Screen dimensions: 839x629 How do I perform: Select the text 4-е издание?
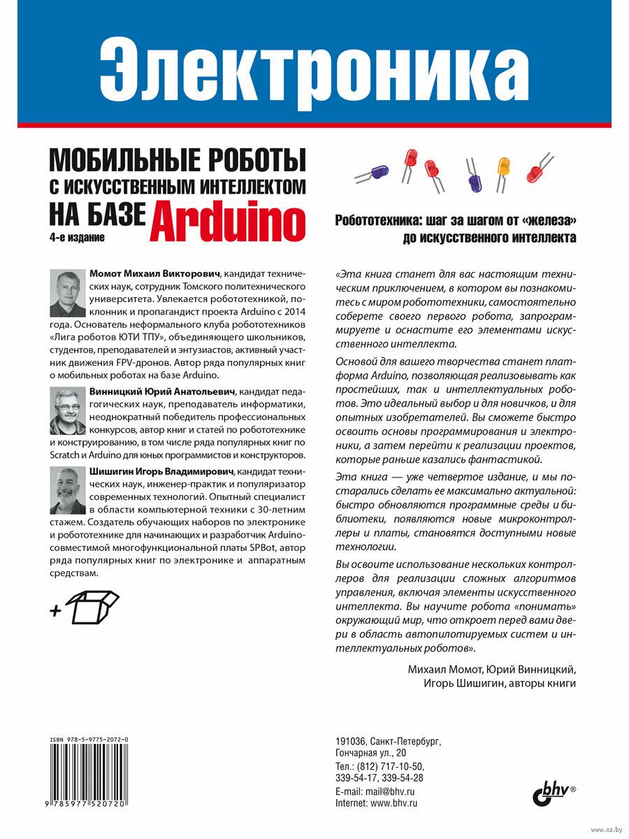pyautogui.click(x=76, y=238)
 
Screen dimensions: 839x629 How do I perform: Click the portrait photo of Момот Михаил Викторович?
pyautogui.click(x=68, y=293)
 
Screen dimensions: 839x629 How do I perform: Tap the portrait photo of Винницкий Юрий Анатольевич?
pyautogui.click(x=68, y=411)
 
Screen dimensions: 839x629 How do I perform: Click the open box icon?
pyautogui.click(x=93, y=606)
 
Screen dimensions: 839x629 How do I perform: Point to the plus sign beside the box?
pyautogui.click(x=56, y=611)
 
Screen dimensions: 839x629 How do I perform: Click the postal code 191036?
pyautogui.click(x=352, y=740)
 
